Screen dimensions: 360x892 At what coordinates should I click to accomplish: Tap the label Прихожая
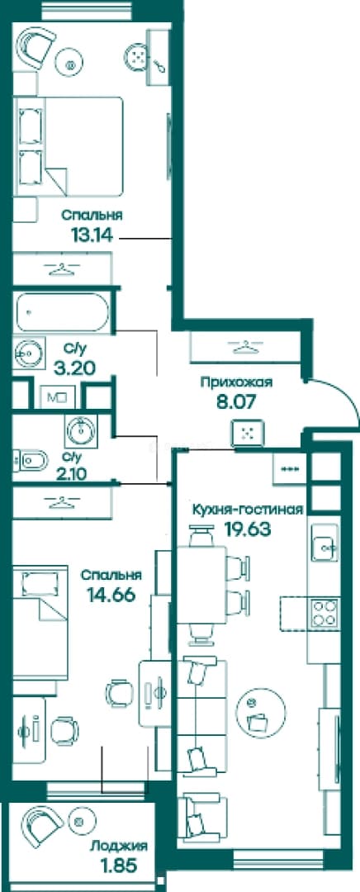click(236, 382)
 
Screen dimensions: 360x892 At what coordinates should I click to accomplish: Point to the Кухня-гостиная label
click(246, 509)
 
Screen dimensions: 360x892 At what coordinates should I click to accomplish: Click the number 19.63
click(248, 529)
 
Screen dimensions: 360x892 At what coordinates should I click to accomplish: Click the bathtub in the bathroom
click(62, 312)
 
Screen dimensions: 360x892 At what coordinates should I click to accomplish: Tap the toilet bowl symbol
click(31, 460)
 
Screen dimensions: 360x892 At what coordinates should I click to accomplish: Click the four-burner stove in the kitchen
click(324, 613)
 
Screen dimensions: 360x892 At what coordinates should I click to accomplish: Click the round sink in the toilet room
click(81, 430)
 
